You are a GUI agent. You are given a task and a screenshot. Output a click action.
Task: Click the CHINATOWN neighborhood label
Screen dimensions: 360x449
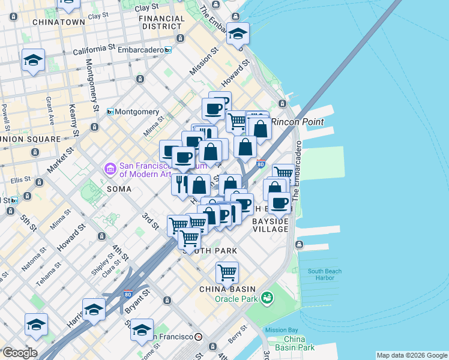[x=58, y=22]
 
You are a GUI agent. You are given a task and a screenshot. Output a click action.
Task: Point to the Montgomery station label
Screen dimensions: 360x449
[x=137, y=112]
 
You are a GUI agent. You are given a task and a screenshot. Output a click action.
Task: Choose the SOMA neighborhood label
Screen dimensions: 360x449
[x=119, y=189]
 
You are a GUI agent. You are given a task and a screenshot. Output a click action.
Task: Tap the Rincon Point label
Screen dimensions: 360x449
[x=297, y=122]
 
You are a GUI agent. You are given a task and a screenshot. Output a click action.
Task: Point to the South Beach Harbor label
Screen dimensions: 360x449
[x=325, y=275]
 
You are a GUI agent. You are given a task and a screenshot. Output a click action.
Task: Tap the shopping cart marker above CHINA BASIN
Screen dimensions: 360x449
[x=227, y=272]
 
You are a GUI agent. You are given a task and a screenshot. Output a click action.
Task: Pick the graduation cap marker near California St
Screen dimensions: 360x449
[x=33, y=60]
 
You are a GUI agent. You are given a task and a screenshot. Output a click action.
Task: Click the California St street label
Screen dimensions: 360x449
[x=94, y=47]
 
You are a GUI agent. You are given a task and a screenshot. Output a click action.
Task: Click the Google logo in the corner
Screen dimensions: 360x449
[x=19, y=353]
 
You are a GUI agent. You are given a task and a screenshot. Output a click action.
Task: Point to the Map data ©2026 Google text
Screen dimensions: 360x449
[x=412, y=355]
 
